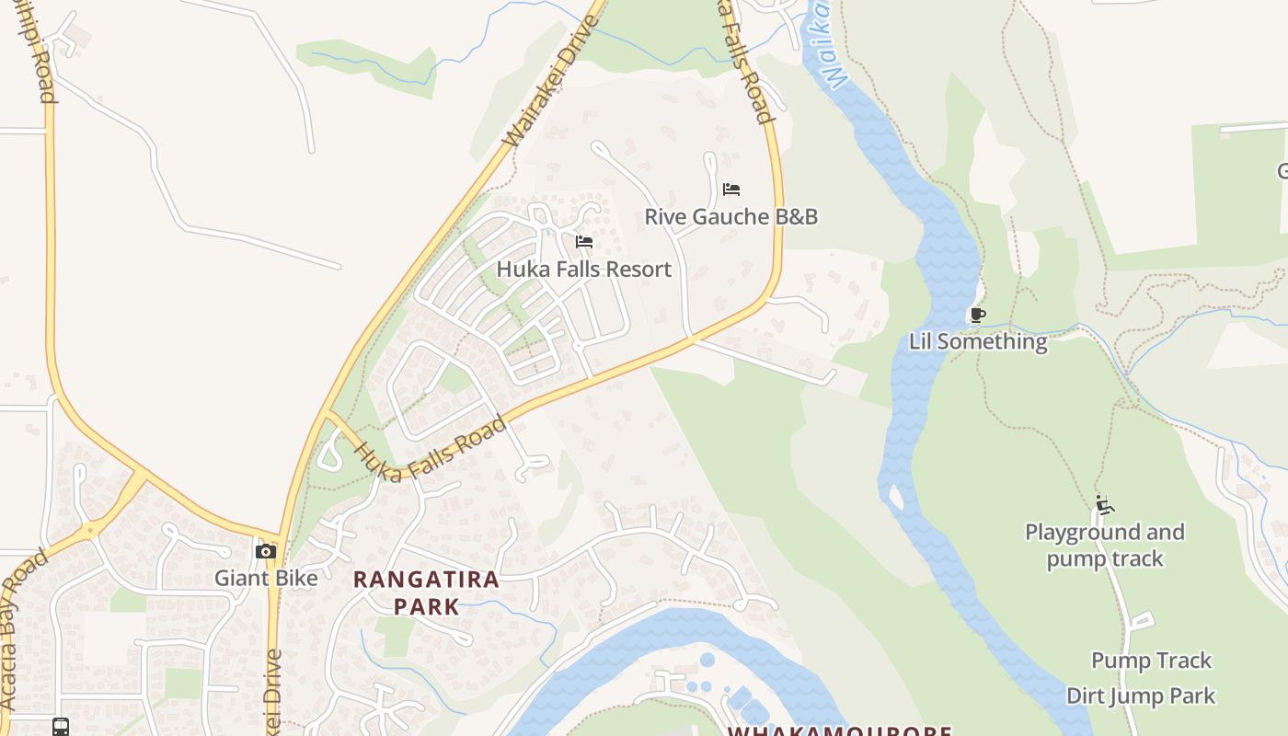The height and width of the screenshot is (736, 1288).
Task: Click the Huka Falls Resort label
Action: coord(583,270)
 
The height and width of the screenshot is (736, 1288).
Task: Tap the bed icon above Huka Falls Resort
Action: coord(583,242)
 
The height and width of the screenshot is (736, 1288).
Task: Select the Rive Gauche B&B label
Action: coord(730,217)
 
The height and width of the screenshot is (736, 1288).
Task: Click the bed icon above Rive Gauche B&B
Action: coord(731,190)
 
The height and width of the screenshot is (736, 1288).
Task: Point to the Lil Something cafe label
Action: coord(978,341)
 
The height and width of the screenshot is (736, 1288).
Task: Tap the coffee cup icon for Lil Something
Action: coord(978,316)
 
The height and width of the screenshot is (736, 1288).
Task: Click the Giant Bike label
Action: coord(266,578)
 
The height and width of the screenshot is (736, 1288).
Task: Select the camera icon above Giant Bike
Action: coord(266,551)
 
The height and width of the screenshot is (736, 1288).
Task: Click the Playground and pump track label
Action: coord(1104,545)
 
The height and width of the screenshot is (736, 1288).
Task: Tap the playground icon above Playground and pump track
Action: coord(1104,505)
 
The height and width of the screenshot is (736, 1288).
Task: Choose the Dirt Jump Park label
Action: coord(1141,696)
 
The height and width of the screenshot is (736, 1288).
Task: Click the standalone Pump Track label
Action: coord(1151,661)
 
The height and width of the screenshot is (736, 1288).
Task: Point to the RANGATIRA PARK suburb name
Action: coord(427,592)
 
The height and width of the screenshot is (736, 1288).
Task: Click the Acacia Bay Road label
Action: coord(24,630)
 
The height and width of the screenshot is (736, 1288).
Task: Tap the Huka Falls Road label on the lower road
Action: coord(430,449)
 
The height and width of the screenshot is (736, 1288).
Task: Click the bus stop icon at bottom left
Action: coord(61,727)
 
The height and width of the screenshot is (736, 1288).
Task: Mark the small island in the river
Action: coord(895,497)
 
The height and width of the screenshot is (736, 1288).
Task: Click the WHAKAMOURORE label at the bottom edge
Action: coord(839,730)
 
